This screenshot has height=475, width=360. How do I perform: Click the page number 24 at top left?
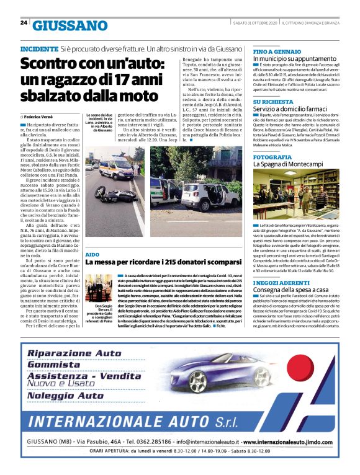point(24,24)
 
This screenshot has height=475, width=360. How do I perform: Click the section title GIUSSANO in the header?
point(70,25)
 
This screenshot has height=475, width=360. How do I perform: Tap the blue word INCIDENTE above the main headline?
point(39,48)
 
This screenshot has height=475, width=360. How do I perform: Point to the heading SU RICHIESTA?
point(273,102)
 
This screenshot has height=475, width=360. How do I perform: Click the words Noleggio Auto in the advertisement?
point(73,395)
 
